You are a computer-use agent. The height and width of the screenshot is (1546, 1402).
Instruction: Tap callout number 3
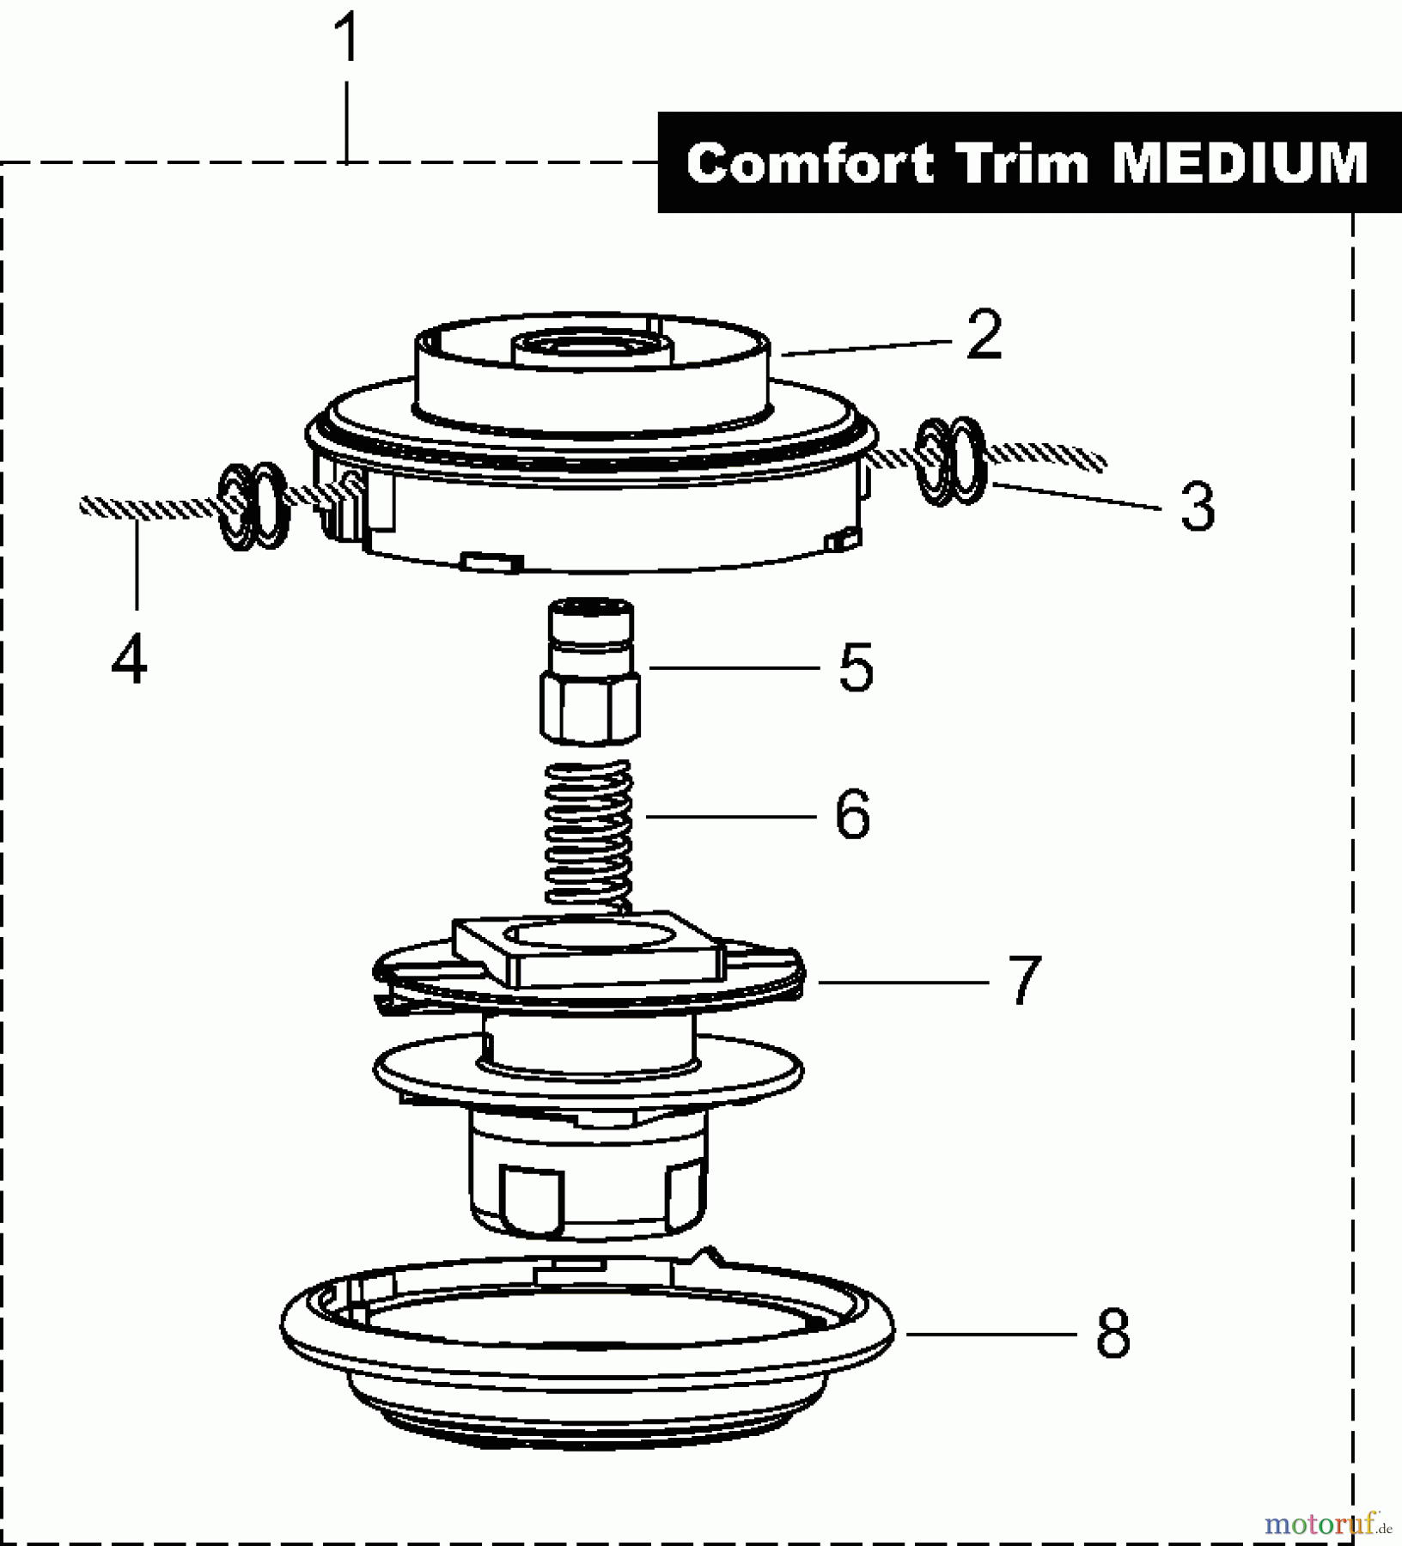pyautogui.click(x=1197, y=506)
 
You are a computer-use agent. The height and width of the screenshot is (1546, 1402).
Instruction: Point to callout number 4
pyautogui.click(x=130, y=659)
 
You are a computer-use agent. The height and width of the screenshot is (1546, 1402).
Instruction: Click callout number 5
pyautogui.click(x=856, y=667)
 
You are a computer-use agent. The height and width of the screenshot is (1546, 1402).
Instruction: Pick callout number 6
pyautogui.click(x=852, y=815)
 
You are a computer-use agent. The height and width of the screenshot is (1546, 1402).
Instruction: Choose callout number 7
pyautogui.click(x=1022, y=980)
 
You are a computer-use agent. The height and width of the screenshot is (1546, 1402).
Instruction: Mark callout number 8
pyautogui.click(x=1112, y=1333)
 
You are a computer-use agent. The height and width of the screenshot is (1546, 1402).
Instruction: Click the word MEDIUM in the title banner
pyautogui.click(x=1240, y=163)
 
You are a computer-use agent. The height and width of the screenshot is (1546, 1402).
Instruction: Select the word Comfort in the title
pyautogui.click(x=809, y=163)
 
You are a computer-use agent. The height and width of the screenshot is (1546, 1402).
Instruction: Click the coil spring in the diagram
pyautogui.click(x=590, y=833)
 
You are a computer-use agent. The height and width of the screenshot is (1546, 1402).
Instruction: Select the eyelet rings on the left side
pyautogui.click(x=253, y=507)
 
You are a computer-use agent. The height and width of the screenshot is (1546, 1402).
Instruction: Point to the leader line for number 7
pyautogui.click(x=902, y=982)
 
